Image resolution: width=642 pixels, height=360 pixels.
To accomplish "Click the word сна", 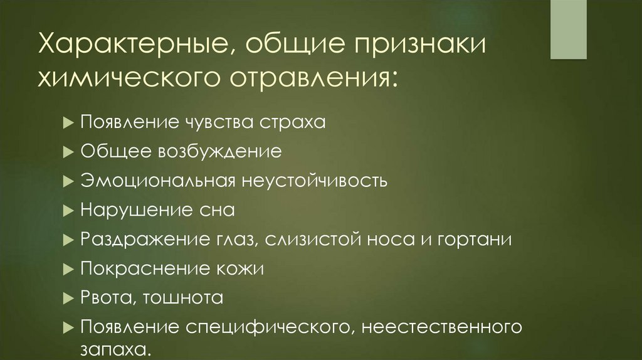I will [x=219, y=211].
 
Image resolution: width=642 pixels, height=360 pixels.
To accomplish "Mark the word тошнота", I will [x=184, y=298].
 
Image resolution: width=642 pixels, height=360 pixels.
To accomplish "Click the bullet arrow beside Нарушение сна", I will [x=69, y=211].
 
